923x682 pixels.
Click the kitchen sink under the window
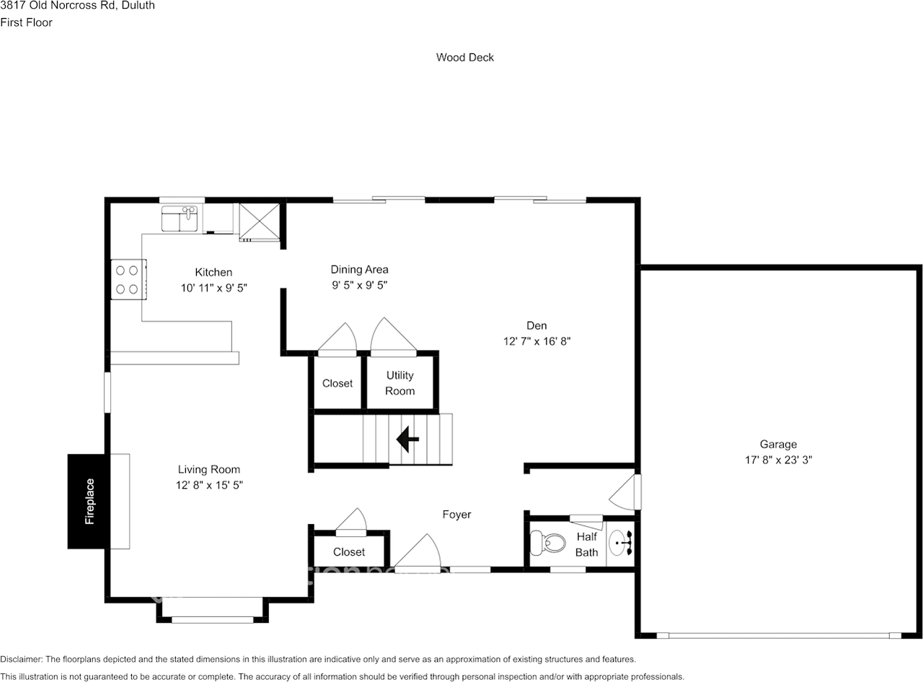coord(180,218)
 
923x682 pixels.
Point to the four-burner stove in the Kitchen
coord(128,280)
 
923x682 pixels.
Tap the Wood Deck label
coord(464,57)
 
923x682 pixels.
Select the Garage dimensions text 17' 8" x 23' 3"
coord(778,459)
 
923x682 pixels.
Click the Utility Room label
coord(399,383)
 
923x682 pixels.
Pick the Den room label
coord(536,325)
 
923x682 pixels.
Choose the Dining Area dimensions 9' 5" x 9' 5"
coord(359,285)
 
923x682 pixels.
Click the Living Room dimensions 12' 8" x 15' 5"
coord(208,485)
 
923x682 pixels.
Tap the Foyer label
coord(456,515)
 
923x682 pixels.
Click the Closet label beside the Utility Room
coord(337,383)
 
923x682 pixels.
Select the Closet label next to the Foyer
coord(349,552)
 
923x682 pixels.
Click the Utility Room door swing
coord(393,336)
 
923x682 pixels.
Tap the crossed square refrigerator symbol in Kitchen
coord(259,220)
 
